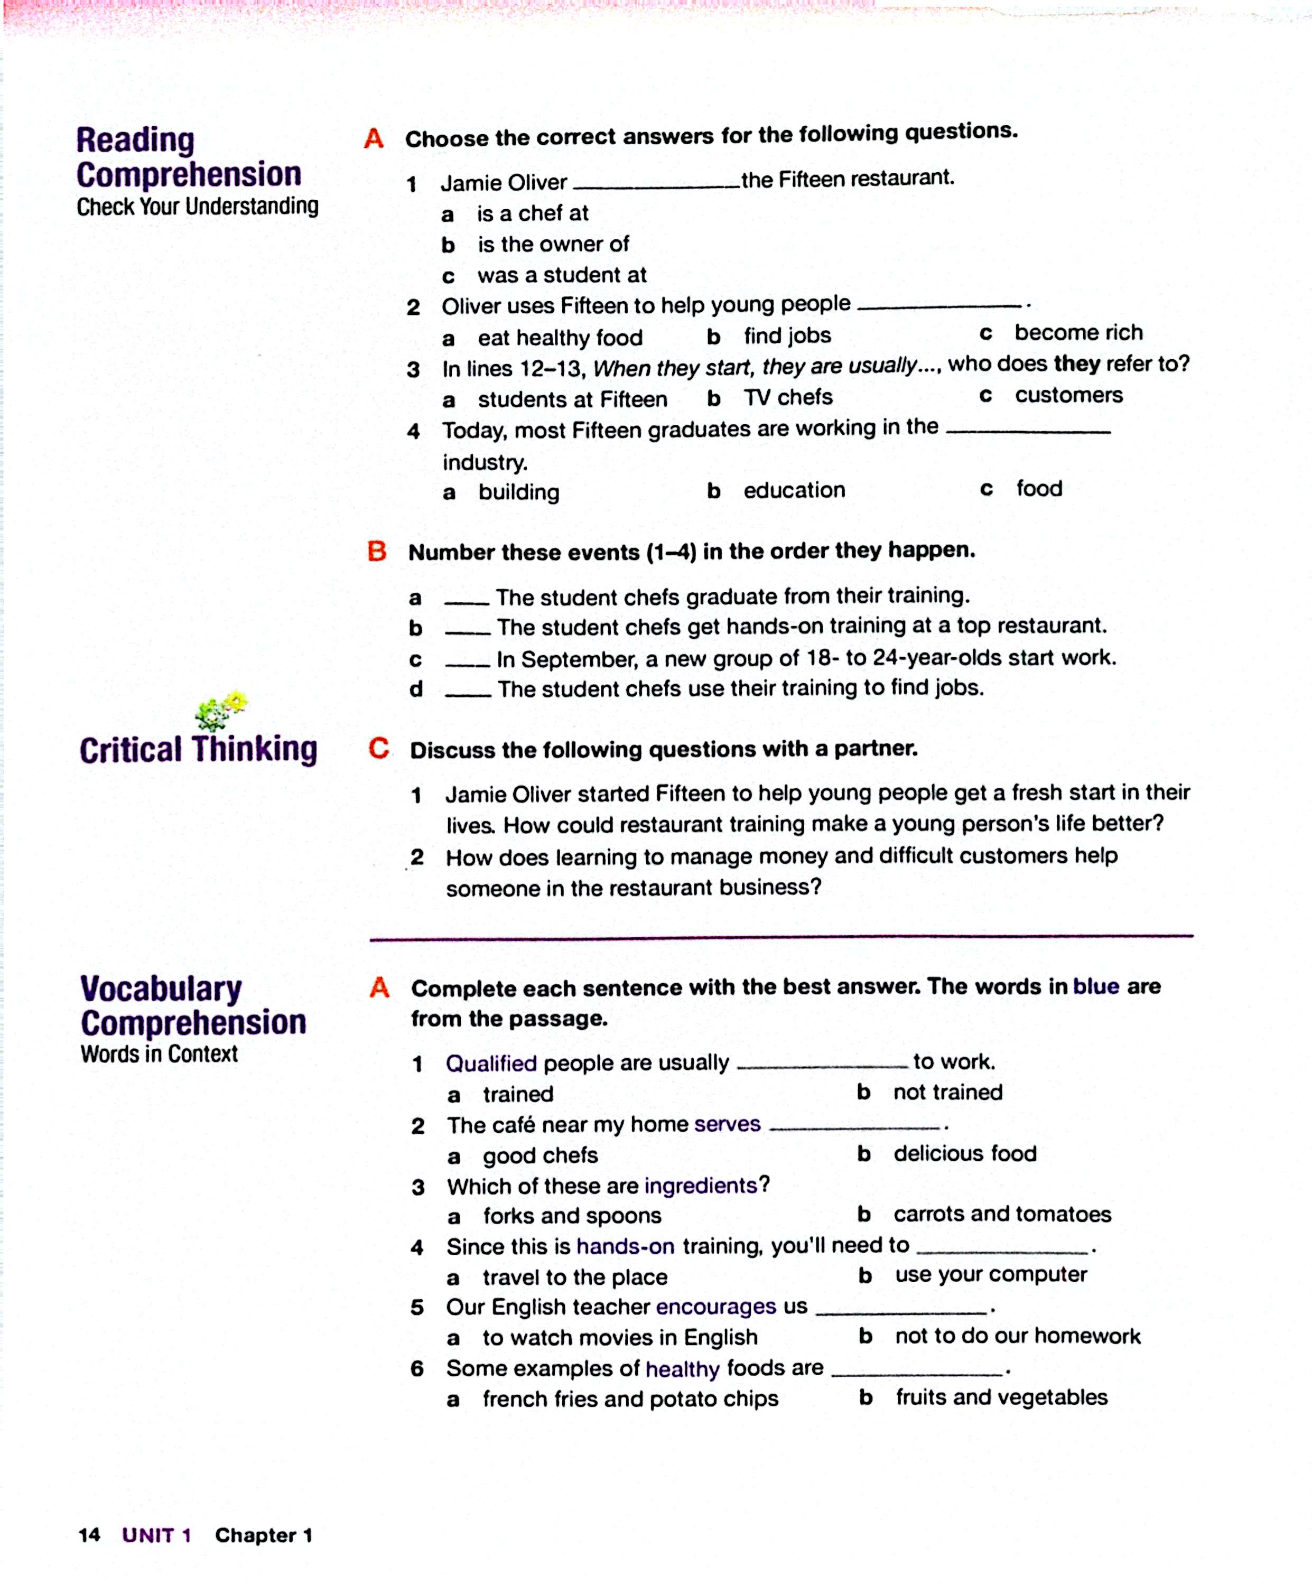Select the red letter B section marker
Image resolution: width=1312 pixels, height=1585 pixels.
(x=377, y=551)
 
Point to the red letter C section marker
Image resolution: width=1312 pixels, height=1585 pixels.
(x=378, y=748)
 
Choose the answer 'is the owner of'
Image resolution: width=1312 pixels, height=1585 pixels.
(x=553, y=245)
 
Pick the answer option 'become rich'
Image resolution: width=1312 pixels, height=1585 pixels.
(x=1077, y=333)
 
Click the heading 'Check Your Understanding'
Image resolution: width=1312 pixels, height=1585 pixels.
(x=197, y=206)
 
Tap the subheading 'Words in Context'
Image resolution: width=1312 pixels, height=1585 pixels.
(x=159, y=1053)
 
